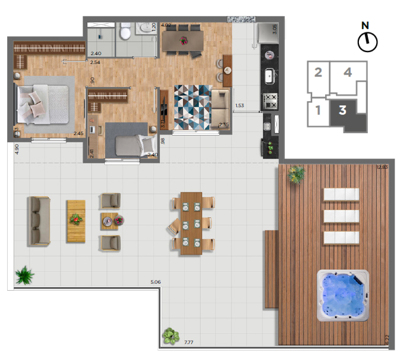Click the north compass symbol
point(367,40)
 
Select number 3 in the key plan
point(343,110)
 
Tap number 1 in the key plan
point(318,110)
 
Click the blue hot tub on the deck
point(342,296)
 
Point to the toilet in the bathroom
point(125,32)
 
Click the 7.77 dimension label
point(190,343)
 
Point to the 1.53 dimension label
point(240,106)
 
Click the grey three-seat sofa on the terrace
point(39,221)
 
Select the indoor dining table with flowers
point(183,40)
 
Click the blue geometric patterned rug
point(192,107)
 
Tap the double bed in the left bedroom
point(41,103)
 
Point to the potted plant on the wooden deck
point(296,173)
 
